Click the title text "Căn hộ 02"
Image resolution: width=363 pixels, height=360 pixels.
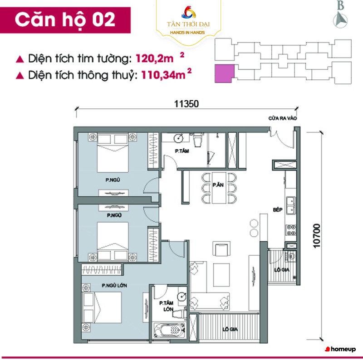65,20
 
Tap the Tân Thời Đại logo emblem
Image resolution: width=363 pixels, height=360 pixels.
188,13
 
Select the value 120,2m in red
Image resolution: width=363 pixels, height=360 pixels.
154,58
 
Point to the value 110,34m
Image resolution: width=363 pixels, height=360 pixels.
163,75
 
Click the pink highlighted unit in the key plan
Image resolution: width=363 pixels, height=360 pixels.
224,73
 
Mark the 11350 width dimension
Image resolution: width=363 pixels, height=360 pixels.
186,104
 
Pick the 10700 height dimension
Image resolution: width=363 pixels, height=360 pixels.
317,236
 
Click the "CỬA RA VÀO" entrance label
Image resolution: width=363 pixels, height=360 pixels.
282,118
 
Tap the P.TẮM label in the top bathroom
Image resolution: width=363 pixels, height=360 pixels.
182,151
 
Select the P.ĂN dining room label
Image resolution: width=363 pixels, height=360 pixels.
218,185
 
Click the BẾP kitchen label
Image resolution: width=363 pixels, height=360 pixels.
278,209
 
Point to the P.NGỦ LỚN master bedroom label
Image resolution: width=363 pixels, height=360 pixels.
114,286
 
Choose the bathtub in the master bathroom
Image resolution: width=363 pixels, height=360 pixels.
170,330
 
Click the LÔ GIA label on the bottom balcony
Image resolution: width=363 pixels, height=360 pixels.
230,329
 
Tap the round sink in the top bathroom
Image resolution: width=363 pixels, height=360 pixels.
178,138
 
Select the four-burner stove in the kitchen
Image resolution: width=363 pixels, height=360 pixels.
291,230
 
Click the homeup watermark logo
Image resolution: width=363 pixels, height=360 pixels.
340,349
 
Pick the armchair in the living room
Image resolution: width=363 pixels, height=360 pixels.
221,249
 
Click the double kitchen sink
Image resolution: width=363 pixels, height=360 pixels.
291,205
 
